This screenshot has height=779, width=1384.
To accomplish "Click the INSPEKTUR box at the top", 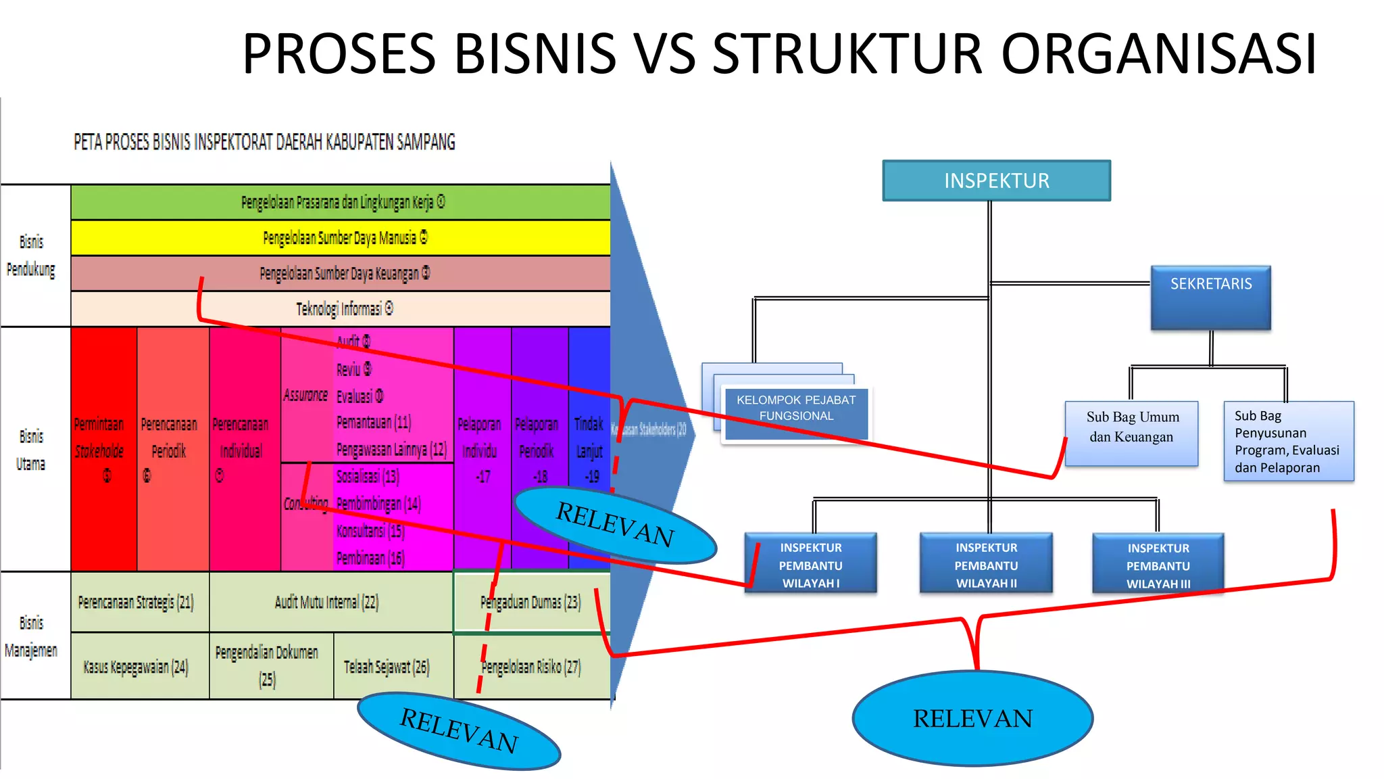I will click(x=996, y=181).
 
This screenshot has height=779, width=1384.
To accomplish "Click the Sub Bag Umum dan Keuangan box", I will click(x=1132, y=433).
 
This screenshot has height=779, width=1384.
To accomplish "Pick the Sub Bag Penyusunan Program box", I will click(x=1288, y=441).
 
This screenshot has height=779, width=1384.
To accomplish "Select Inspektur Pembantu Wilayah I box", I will click(x=810, y=564).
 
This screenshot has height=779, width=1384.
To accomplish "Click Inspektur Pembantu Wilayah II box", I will click(x=986, y=564).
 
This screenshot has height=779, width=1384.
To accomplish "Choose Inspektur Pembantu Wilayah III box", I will click(x=1158, y=564).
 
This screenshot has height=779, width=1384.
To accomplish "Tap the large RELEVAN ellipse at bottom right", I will click(x=972, y=718).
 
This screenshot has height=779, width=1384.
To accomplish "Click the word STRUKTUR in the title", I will click(x=847, y=53).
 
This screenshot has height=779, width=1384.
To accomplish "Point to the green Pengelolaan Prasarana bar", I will click(x=341, y=202).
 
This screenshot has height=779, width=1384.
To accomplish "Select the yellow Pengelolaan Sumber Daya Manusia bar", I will click(x=341, y=238).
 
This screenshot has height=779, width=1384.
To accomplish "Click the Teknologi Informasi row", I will click(x=341, y=309).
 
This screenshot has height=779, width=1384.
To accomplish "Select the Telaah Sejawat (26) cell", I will click(x=387, y=667).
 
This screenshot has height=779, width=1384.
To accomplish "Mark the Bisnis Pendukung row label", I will click(x=32, y=256).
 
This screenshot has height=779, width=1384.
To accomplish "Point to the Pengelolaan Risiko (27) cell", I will click(x=532, y=667).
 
